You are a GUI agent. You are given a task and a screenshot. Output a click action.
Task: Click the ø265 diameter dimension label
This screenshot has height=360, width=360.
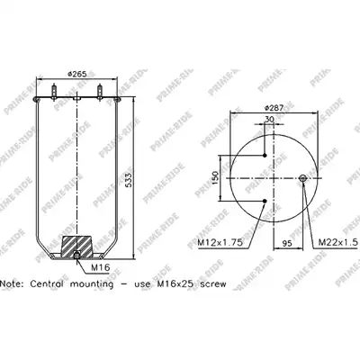[77, 74]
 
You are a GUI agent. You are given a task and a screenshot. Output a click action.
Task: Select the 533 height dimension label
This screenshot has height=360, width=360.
[129, 180]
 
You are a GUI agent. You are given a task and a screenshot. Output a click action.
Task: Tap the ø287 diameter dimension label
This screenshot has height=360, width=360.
[274, 108]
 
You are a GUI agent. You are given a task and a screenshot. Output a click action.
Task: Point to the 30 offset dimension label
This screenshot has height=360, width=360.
[269, 119]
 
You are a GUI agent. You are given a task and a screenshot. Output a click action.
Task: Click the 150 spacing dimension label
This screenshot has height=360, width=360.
[215, 178]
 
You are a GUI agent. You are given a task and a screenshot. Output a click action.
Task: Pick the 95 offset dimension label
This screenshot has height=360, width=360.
[287, 243]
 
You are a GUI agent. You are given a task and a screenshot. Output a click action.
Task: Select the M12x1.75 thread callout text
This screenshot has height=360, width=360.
[220, 242]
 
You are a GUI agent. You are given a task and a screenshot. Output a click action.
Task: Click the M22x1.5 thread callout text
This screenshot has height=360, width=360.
[338, 242]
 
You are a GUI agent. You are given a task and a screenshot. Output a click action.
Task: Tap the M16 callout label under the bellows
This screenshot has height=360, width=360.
[101, 267]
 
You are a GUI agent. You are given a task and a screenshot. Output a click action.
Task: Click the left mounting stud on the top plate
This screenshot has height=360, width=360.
[54, 92]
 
